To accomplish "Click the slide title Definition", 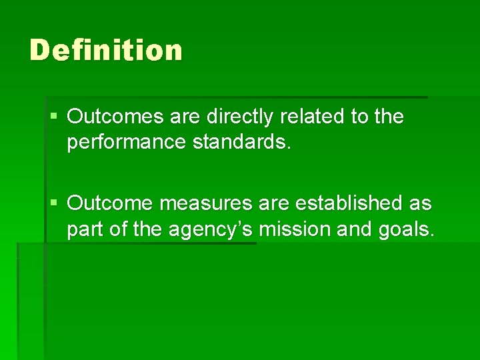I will coord(106,51).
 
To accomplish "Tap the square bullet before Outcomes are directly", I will coord(54,117).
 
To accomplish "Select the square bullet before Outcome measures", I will coord(54,203).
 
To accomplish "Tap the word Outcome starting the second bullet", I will coord(110,203).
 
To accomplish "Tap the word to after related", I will coord(360,117).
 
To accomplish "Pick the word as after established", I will coord(421,203).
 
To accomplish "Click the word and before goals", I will coord(353,229).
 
